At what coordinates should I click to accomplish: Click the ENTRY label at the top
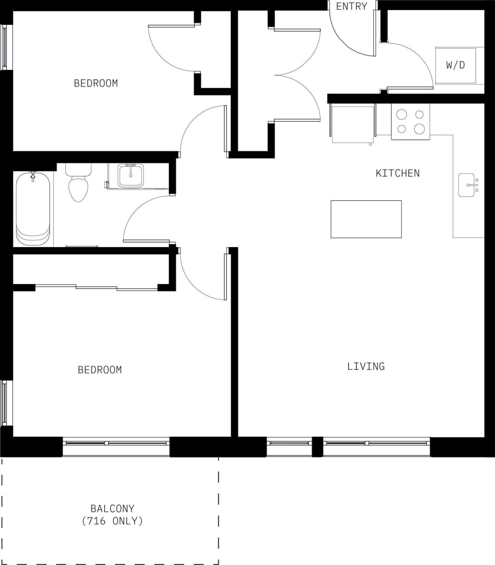pos(351,6)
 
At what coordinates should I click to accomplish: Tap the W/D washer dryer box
pos(456,65)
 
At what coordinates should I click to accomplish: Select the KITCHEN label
pos(397,173)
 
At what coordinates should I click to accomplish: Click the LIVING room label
pos(366,366)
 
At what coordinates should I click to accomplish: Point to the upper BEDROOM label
pos(96,83)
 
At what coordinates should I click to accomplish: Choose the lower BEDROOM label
pos(100,369)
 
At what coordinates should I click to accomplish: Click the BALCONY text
pos(112,508)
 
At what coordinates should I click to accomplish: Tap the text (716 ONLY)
pos(112,521)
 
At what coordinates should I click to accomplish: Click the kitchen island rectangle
pos(366,219)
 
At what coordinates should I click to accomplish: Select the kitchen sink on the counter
pos(468,185)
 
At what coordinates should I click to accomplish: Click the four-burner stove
pos(410,122)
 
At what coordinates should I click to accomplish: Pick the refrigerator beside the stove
pos(352,124)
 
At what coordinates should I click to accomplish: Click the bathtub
pos(33,209)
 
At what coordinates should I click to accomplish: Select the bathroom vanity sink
pos(130,176)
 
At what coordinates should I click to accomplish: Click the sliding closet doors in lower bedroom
pos(96,287)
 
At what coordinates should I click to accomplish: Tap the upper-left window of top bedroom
pos(4,47)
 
